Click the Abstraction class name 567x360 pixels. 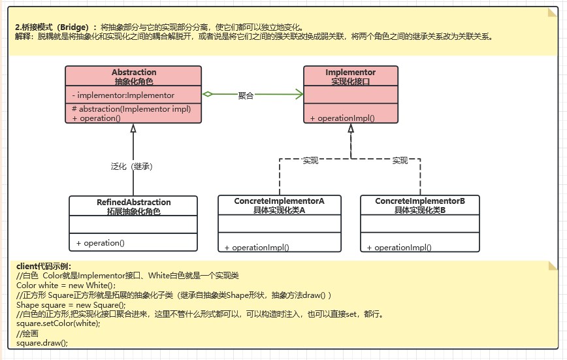[x=134, y=73]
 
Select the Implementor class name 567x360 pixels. [x=350, y=73]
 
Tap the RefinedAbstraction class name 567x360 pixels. [x=133, y=203]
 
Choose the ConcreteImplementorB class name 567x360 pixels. [x=420, y=201]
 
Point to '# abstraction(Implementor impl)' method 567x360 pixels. [x=131, y=109]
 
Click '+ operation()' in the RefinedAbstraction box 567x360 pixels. [x=100, y=243]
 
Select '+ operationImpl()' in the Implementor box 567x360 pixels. [x=342, y=118]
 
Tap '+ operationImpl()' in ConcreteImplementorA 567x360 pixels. [x=257, y=248]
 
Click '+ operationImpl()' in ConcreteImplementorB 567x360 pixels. [x=399, y=248]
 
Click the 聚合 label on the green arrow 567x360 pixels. [x=246, y=95]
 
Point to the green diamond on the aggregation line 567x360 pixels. [x=208, y=95]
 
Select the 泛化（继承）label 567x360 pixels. [x=132, y=167]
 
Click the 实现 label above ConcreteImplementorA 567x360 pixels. [x=310, y=161]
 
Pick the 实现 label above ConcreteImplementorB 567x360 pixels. [x=400, y=161]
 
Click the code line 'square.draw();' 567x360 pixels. [x=42, y=342]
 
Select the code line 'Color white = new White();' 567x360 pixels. [x=65, y=286]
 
